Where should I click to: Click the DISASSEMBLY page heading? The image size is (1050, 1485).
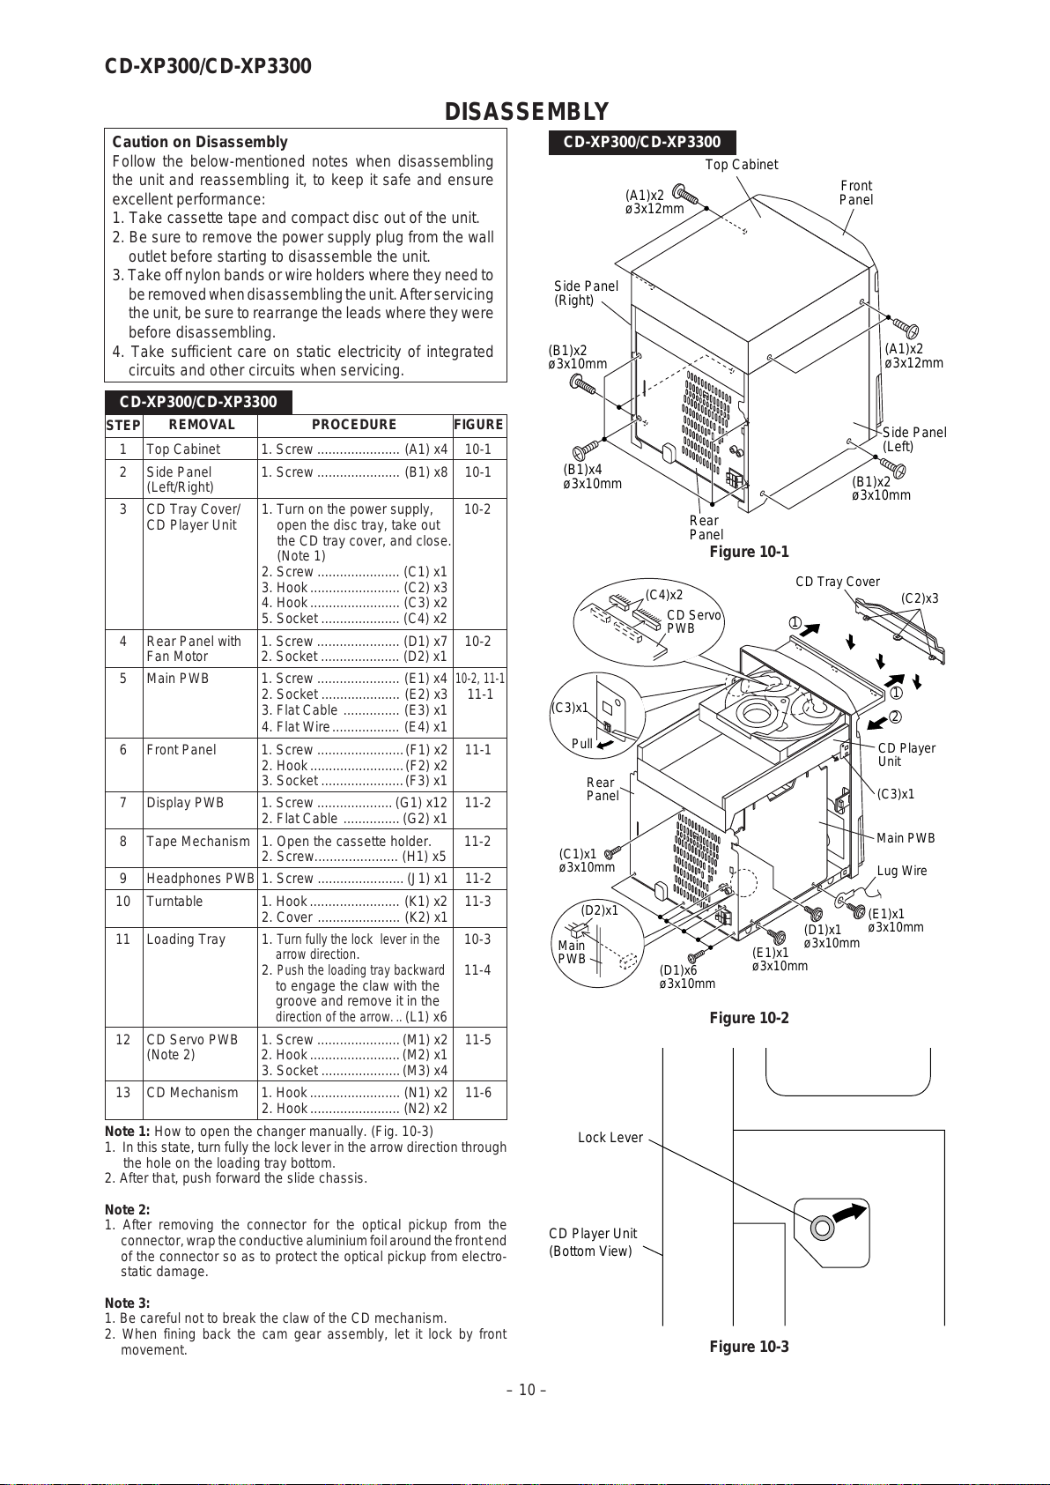pyautogui.click(x=526, y=112)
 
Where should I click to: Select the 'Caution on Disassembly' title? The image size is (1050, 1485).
pyautogui.click(x=200, y=142)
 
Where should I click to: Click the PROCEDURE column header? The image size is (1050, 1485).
pyautogui.click(x=354, y=425)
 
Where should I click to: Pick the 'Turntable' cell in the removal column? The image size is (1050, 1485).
pyautogui.click(x=174, y=902)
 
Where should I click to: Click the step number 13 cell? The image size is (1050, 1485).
pyautogui.click(x=123, y=1093)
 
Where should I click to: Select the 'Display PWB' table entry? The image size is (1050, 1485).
pyautogui.click(x=185, y=803)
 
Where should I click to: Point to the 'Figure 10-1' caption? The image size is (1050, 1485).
pyautogui.click(x=749, y=552)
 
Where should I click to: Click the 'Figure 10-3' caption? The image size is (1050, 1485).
pyautogui.click(x=749, y=1347)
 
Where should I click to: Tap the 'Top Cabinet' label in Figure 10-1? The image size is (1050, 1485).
pyautogui.click(x=742, y=165)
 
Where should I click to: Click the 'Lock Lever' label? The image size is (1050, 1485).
pyautogui.click(x=610, y=1138)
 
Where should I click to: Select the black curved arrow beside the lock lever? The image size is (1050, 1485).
pyautogui.click(x=850, y=1214)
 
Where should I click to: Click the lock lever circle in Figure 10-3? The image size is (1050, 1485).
pyautogui.click(x=822, y=1227)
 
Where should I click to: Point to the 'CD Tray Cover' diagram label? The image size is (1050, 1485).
pyautogui.click(x=838, y=582)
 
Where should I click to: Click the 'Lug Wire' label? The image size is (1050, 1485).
pyautogui.click(x=902, y=871)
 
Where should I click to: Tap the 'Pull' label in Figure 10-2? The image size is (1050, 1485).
pyautogui.click(x=582, y=743)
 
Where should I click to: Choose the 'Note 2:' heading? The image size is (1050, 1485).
pyautogui.click(x=128, y=1210)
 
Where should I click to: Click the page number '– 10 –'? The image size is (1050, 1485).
pyautogui.click(x=526, y=1391)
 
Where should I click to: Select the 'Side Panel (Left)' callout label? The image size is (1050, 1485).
pyautogui.click(x=913, y=439)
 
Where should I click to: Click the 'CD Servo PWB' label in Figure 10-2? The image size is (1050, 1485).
pyautogui.click(x=693, y=621)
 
